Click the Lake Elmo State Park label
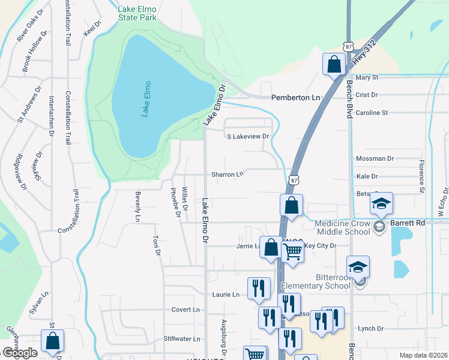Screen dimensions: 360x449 coord(129,13)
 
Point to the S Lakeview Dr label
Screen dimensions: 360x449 coord(248,137)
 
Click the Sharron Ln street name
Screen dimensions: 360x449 coord(228,175)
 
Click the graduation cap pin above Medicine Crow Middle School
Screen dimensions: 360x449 coord(381,204)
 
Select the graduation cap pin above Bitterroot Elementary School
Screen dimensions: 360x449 coord(358,267)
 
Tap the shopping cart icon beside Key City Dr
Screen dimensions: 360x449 coord(292,252)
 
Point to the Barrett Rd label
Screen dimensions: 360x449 coord(408,222)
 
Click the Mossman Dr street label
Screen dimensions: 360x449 coord(375,159)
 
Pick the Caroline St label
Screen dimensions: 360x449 coord(372,112)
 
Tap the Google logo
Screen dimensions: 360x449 coord(20,353)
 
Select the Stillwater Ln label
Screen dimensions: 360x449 coord(182,339)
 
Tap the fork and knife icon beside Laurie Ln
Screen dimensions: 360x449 coord(258,289)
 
